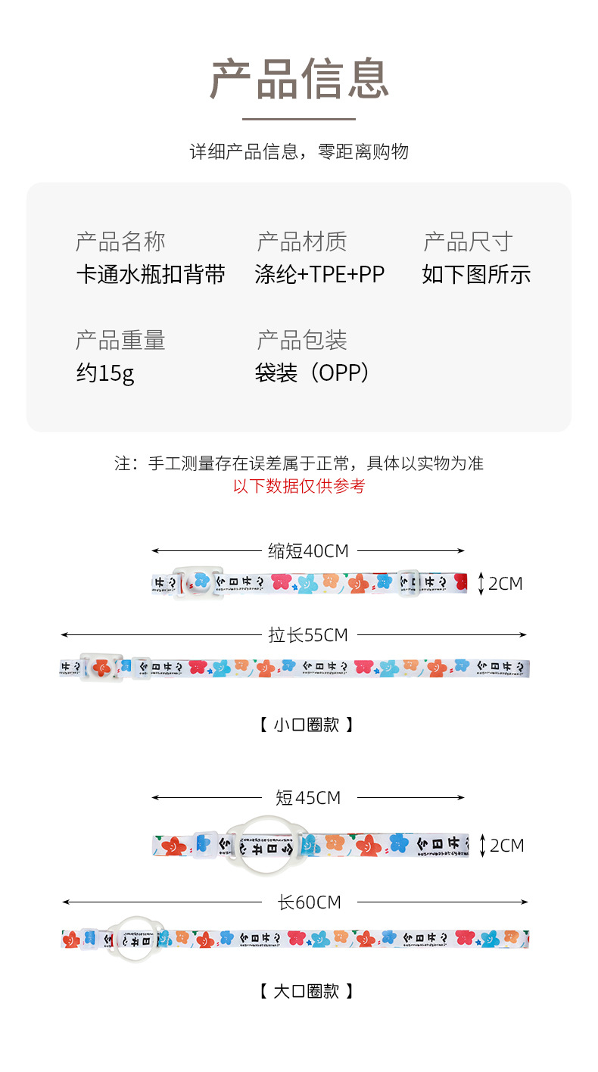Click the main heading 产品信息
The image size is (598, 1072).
[299, 79]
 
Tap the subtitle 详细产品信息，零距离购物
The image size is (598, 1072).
[299, 151]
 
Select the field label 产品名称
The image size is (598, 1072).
[120, 242]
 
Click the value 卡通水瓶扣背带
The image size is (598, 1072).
[151, 274]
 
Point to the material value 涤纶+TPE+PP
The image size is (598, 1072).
[320, 274]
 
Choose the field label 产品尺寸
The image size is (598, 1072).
[468, 242]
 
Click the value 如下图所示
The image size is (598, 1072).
[476, 274]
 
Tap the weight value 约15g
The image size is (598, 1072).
[105, 373]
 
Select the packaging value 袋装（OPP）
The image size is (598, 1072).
[313, 373]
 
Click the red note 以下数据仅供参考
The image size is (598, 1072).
[299, 486]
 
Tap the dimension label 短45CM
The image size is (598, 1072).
[308, 798]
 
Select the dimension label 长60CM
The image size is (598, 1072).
[309, 902]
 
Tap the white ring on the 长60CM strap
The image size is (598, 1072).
[135, 921]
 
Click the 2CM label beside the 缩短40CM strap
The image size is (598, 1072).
[505, 584]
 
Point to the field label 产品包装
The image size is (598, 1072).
[302, 341]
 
